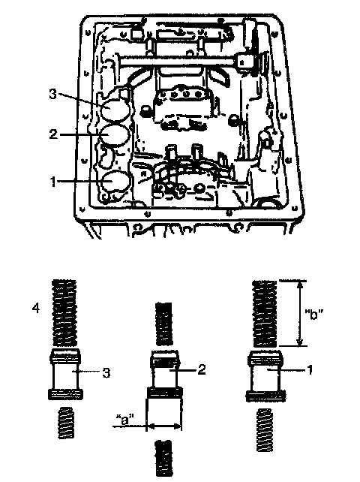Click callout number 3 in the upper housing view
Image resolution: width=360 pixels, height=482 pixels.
pyautogui.click(x=52, y=94)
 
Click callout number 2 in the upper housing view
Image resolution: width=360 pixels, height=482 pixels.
pyautogui.click(x=53, y=134)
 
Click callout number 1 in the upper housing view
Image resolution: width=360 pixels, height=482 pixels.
pyautogui.click(x=53, y=182)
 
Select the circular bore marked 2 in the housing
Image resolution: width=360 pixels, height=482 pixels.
pyautogui.click(x=114, y=135)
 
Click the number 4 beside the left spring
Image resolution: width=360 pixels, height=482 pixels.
pyautogui.click(x=36, y=308)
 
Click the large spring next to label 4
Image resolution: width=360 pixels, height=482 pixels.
pyautogui.click(x=64, y=312)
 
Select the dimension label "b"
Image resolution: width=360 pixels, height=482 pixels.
pyautogui.click(x=313, y=315)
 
